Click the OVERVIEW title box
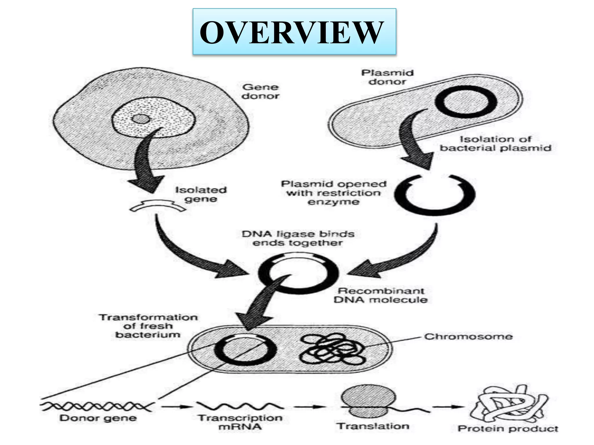pyautogui.click(x=294, y=32)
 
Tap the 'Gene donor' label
pyautogui.click(x=260, y=92)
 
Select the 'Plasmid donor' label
pyautogui.click(x=387, y=77)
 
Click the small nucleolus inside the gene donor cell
pyautogui.click(x=141, y=119)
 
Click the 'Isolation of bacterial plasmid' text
pyautogui.click(x=495, y=144)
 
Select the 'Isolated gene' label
pyautogui.click(x=201, y=194)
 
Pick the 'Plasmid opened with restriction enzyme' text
pyautogui.click(x=334, y=193)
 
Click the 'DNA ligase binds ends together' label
pyautogui.click(x=298, y=238)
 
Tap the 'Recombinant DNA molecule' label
pyautogui.click(x=381, y=295)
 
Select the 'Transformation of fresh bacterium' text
pyautogui.click(x=148, y=326)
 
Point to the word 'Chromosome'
pyautogui.click(x=468, y=336)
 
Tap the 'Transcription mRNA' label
pyautogui.click(x=240, y=422)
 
